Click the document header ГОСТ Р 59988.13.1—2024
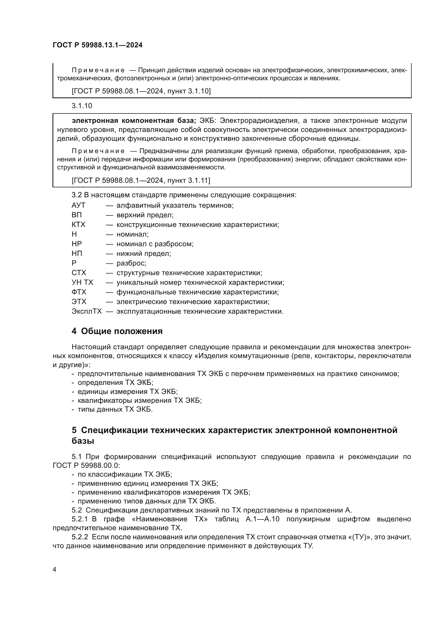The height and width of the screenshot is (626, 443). click(97, 45)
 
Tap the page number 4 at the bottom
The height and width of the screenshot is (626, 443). click(54, 569)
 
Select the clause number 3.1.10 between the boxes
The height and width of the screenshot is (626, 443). click(82, 106)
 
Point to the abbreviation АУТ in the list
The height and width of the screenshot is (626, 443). click(78, 205)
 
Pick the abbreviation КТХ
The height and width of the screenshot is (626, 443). click(78, 225)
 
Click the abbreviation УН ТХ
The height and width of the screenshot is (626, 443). click(82, 282)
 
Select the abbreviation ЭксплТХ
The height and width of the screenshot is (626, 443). click(87, 311)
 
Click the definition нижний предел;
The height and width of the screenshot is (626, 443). click(144, 253)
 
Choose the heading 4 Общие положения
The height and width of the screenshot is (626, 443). click(117, 331)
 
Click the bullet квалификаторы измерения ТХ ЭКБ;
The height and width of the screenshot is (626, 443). click(140, 401)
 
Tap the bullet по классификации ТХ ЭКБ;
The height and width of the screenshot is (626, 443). click(125, 474)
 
